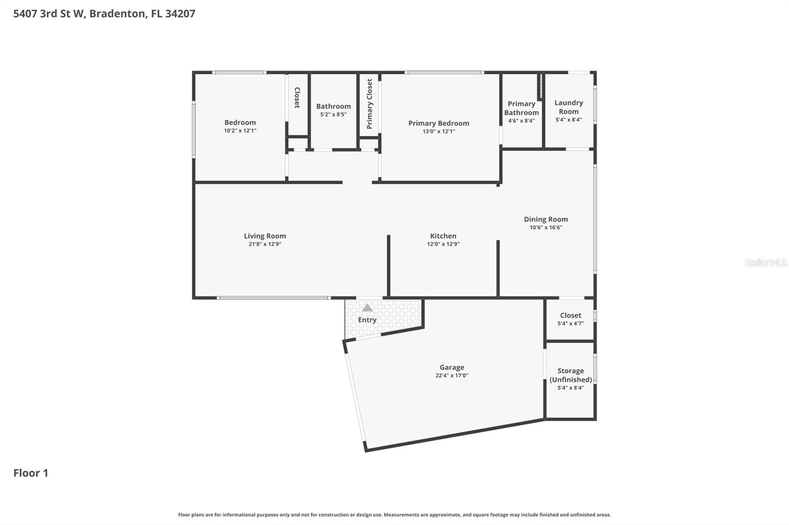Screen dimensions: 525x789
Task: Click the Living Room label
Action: click(x=265, y=236)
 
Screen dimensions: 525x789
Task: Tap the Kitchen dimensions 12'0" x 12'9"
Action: click(x=443, y=244)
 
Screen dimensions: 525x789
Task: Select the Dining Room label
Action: click(x=545, y=219)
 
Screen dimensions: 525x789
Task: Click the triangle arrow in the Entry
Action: click(x=367, y=308)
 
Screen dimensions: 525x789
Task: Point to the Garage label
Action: click(x=452, y=367)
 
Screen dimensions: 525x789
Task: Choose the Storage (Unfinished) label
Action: click(x=571, y=375)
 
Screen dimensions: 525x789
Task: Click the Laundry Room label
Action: click(x=569, y=107)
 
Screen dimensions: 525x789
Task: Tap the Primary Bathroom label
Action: click(x=521, y=108)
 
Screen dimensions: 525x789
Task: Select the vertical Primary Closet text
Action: click(x=369, y=104)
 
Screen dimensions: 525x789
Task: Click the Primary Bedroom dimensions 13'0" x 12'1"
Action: click(x=438, y=131)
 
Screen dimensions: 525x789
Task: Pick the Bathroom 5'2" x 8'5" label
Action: click(x=333, y=110)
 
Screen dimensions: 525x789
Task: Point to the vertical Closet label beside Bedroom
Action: click(x=297, y=98)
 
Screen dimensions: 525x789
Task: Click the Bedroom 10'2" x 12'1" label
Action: click(x=240, y=126)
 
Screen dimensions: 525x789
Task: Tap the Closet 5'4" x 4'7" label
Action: click(x=571, y=319)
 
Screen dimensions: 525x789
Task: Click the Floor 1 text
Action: click(x=31, y=473)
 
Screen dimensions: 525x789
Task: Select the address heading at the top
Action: click(x=104, y=13)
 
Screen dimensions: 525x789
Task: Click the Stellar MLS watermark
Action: click(x=765, y=262)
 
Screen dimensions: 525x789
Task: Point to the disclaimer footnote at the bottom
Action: click(x=394, y=515)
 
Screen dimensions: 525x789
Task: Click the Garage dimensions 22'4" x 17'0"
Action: click(x=452, y=376)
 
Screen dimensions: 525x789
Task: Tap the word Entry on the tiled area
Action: click(x=367, y=320)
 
